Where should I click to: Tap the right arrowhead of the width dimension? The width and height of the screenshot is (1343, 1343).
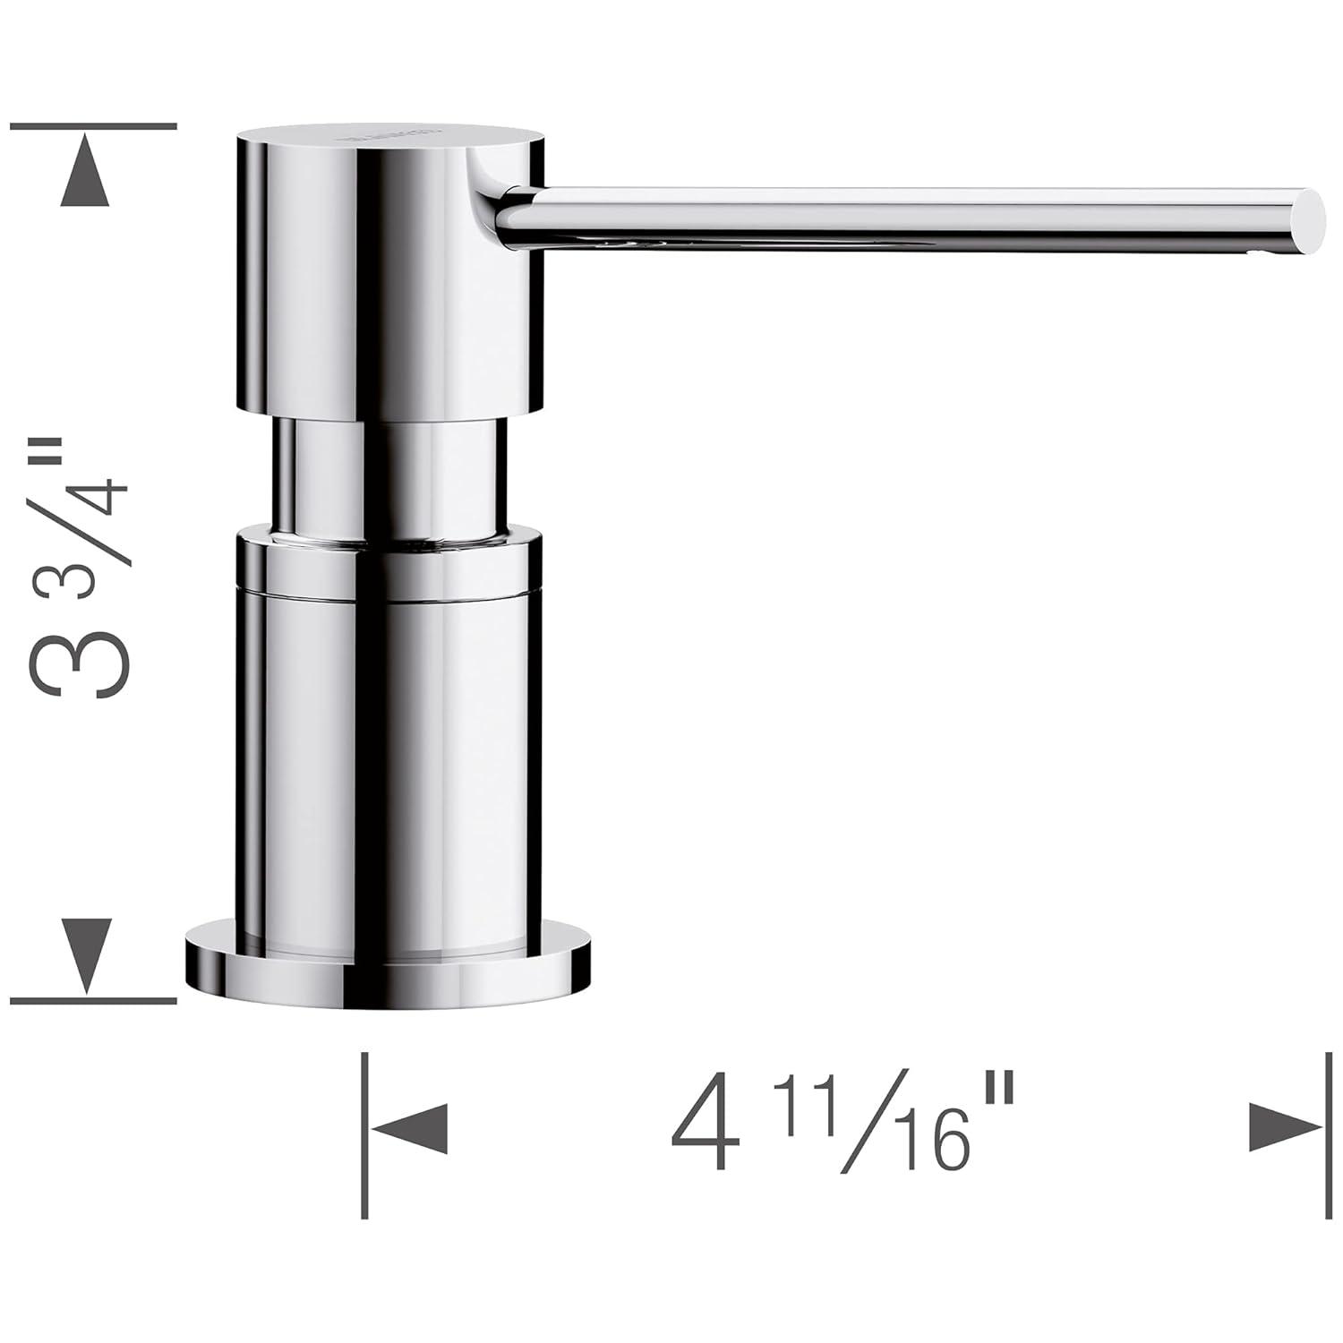[x=1285, y=1128]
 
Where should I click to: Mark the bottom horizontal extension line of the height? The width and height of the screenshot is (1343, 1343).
[x=93, y=999]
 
